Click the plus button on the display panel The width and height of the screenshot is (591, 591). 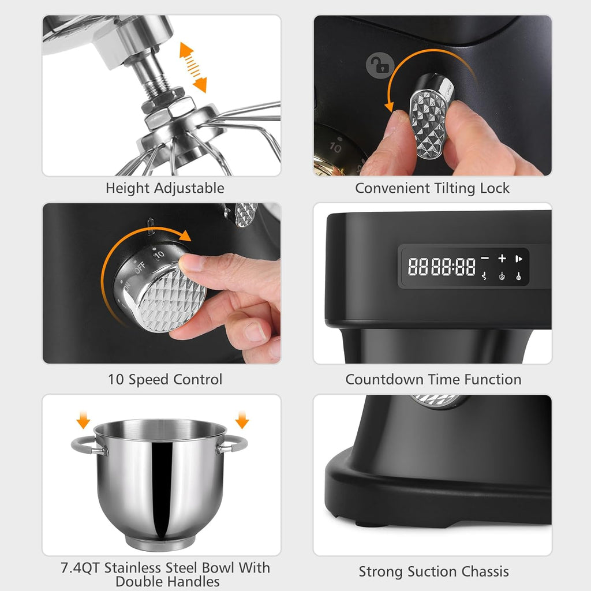(502, 259)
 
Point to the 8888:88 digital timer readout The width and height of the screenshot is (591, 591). (442, 267)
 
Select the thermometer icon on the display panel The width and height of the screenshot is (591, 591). (519, 276)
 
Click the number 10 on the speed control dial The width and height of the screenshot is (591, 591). (159, 254)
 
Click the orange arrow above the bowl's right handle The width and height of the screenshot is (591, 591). (242, 420)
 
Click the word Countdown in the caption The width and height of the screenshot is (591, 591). (385, 380)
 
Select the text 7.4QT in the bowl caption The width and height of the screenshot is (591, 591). (81, 568)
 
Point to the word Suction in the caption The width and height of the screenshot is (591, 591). (425, 572)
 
